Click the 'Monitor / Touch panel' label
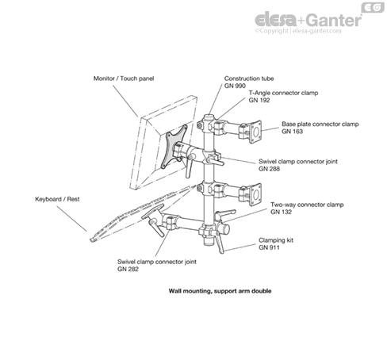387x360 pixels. pyautogui.click(x=124, y=79)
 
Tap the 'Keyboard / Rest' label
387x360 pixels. pyautogui.click(x=57, y=199)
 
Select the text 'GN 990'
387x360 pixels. pyautogui.click(x=235, y=86)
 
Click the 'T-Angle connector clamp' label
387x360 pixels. pyautogui.click(x=283, y=93)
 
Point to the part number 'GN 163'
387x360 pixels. pyautogui.click(x=292, y=132)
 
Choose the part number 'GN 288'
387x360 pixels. pyautogui.click(x=269, y=169)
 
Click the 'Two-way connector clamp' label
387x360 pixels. pyautogui.click(x=307, y=205)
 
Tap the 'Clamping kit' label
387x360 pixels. pyautogui.click(x=276, y=240)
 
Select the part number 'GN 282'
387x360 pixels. pyautogui.click(x=128, y=269)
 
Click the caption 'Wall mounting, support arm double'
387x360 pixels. pyautogui.click(x=220, y=291)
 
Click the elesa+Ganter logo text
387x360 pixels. pyautogui.click(x=308, y=20)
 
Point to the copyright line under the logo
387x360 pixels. pyautogui.click(x=298, y=31)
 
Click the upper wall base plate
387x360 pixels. pyautogui.click(x=255, y=132)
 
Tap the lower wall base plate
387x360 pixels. pyautogui.click(x=255, y=195)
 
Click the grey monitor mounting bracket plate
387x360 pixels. pyautogui.click(x=174, y=146)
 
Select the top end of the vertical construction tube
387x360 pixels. pyautogui.click(x=209, y=117)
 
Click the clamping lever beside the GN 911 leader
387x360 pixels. pyautogui.click(x=220, y=242)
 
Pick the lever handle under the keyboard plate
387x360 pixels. pyautogui.click(x=157, y=228)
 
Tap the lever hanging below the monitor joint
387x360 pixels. pyautogui.click(x=189, y=166)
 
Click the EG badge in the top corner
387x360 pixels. pyautogui.click(x=373, y=7)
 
